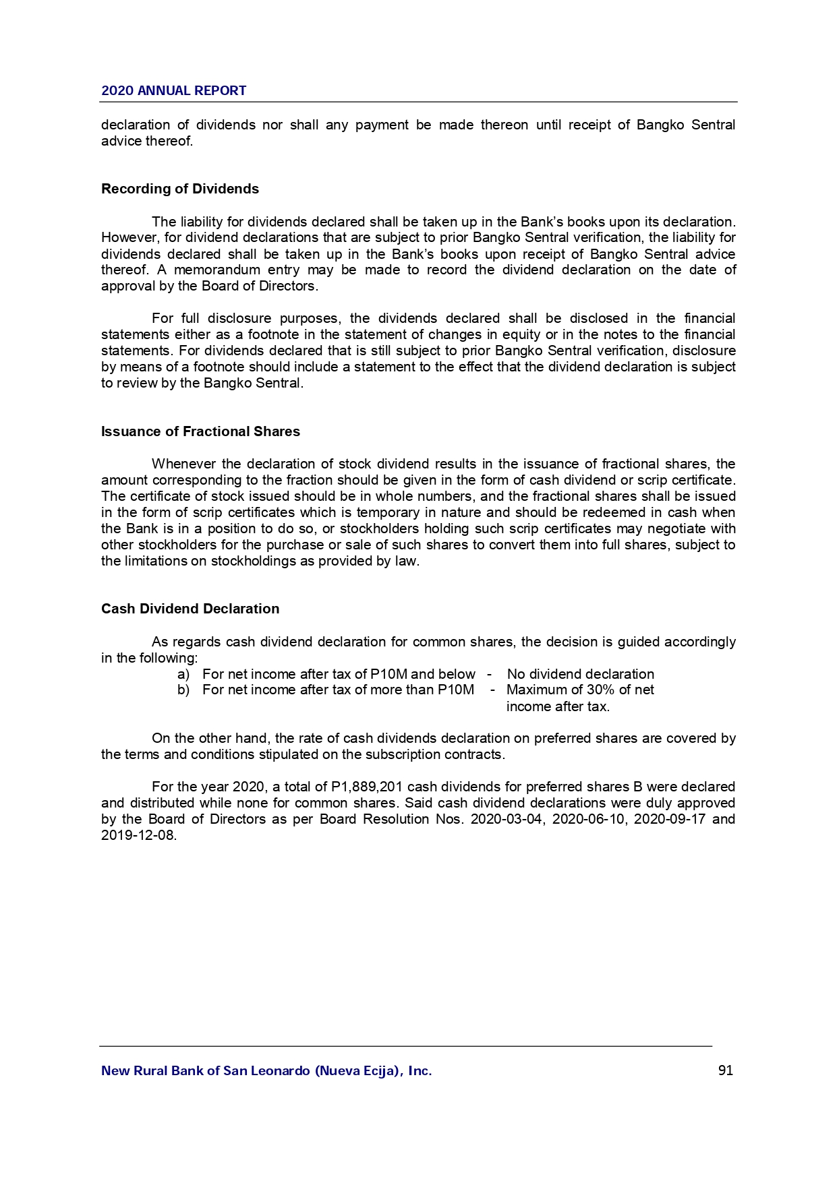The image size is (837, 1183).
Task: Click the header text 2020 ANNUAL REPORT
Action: coord(173,91)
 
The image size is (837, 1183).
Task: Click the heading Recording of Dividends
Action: coord(179,189)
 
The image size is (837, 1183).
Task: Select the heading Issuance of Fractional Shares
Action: coord(200,431)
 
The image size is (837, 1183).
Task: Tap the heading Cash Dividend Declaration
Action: coord(190,609)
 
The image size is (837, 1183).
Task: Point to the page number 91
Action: coord(726,1070)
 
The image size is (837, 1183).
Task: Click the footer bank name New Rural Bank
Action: coord(266,1070)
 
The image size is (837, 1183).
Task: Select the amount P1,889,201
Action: coord(367,787)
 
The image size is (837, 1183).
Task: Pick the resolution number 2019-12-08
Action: coord(138,835)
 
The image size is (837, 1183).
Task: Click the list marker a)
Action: coord(183,674)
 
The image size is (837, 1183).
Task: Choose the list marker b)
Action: coord(183,690)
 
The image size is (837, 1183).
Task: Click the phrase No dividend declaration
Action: coord(580,674)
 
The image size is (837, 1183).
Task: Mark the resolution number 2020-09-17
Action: coord(669,819)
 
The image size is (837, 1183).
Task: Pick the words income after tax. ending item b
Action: coord(558,706)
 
